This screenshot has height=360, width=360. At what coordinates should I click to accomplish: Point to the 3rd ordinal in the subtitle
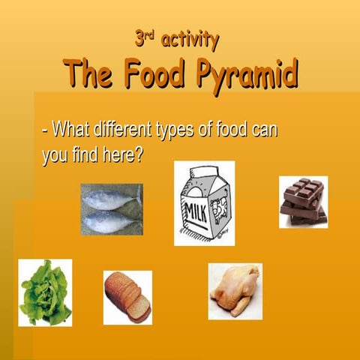[148, 37]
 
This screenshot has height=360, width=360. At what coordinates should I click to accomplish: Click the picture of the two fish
[111, 209]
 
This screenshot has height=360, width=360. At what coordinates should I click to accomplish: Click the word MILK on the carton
[196, 206]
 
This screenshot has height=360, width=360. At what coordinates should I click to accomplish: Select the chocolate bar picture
[303, 201]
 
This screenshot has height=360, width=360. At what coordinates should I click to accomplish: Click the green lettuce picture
[45, 292]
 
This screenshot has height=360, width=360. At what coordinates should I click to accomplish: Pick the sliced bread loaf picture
[127, 297]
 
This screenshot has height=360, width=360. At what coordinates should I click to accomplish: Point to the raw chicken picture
[235, 292]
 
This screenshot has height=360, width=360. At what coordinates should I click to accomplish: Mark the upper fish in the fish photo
[111, 199]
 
